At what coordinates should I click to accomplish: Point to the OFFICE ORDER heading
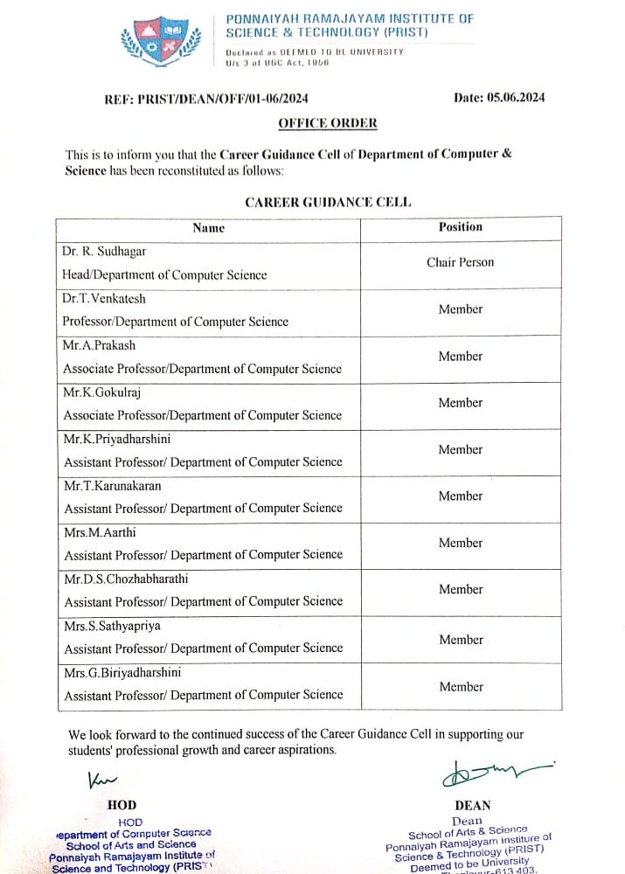pyautogui.click(x=328, y=123)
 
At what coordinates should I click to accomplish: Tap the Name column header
pyautogui.click(x=208, y=228)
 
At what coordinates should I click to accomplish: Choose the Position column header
pyautogui.click(x=460, y=227)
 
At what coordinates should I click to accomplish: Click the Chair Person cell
pyautogui.click(x=460, y=262)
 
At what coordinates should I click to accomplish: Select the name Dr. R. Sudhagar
pyautogui.click(x=104, y=252)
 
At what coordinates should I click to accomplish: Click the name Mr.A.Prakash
pyautogui.click(x=99, y=345)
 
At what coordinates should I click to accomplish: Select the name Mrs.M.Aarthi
pyautogui.click(x=100, y=532)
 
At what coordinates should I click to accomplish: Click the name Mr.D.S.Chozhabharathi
pyautogui.click(x=126, y=579)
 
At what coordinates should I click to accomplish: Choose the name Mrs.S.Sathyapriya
pyautogui.click(x=112, y=626)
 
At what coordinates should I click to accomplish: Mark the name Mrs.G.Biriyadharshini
pyautogui.click(x=122, y=672)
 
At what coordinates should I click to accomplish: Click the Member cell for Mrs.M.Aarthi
pyautogui.click(x=460, y=543)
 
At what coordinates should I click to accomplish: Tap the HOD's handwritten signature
pyautogui.click(x=102, y=777)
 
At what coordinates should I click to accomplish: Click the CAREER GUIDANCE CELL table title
pyautogui.click(x=328, y=202)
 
